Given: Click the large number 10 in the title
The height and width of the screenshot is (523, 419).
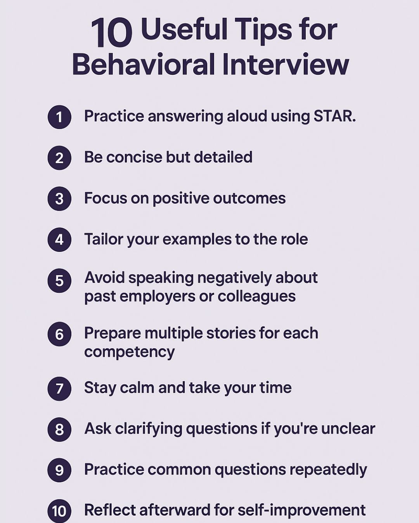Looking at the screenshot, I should point(112,33).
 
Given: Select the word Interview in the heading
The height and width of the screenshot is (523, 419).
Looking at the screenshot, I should point(286,65).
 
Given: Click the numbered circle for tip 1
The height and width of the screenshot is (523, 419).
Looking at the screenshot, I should point(59,117).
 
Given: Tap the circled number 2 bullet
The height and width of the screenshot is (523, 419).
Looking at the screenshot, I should point(59,158).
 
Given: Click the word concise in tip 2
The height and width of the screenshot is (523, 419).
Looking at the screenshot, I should point(134,157).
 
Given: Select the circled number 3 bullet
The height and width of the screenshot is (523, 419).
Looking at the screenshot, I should point(59,199).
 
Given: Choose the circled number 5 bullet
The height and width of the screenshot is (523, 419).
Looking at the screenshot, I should point(59,280).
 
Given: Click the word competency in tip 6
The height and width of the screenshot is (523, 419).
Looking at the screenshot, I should point(129,352).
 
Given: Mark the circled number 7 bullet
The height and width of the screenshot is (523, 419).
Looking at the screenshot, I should point(59,389).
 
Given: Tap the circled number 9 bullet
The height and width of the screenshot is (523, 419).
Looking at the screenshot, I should point(59,470).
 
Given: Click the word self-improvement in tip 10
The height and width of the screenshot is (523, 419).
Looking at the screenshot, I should point(301,510).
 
